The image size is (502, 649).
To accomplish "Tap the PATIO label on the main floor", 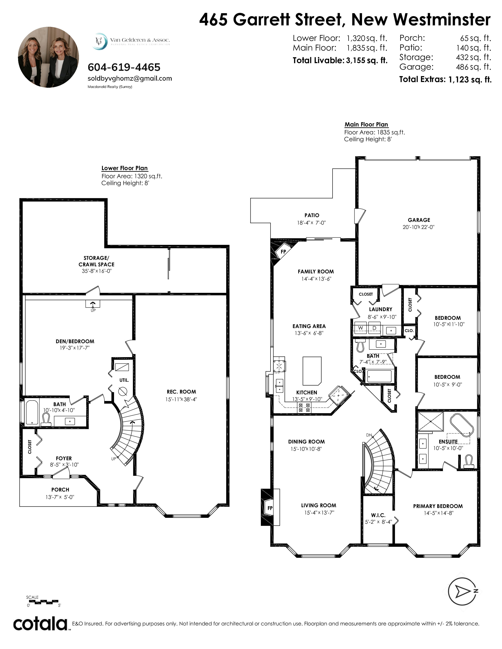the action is tap(312, 215).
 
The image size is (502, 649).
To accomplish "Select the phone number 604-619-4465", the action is tap(124, 67).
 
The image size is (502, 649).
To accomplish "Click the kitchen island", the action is tap(312, 371).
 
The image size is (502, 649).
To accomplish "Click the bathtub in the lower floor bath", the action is tap(32, 412).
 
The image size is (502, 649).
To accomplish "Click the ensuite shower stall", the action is tap(431, 421).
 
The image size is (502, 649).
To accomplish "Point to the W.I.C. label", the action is tap(378, 515).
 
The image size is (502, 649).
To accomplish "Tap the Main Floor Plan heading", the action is tap(366, 124).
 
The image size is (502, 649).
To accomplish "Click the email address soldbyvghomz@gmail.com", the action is tap(130, 78).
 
